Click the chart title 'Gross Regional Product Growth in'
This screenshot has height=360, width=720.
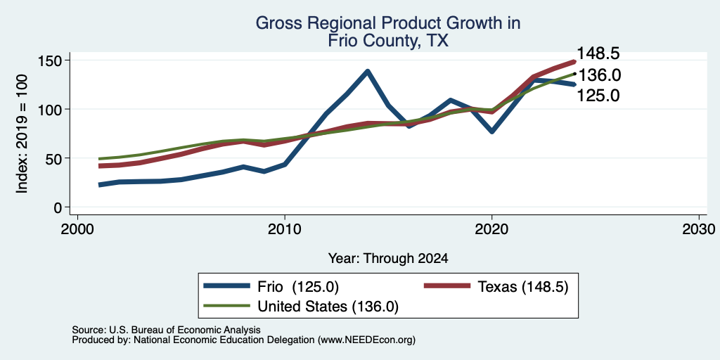pos(388,22)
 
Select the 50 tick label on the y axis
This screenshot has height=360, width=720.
pos(53,158)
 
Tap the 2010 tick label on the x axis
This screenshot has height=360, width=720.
pos(285,229)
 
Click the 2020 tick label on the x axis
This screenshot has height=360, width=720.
pos(491,229)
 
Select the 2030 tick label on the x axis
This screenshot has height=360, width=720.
pos(699,229)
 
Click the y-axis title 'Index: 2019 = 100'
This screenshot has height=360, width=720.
pos(22,134)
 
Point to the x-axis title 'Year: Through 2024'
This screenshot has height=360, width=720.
pos(388,259)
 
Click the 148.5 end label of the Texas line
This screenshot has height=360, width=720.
pos(598,53)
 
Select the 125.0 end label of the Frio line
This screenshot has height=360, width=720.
pos(598,96)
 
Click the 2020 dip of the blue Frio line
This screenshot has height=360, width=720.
pos(491,131)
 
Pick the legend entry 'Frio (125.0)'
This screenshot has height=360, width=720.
pos(271,287)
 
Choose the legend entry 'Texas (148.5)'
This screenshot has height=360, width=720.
pos(497,287)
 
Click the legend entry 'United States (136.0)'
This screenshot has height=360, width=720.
pos(301,307)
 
